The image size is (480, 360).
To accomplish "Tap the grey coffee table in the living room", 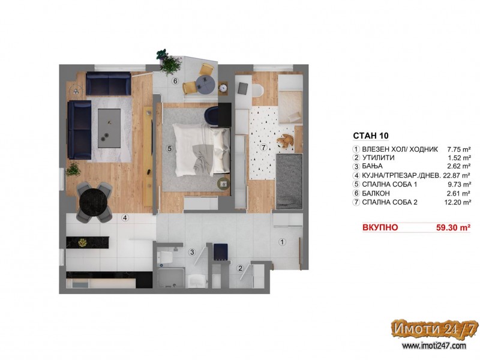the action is (x=109, y=128).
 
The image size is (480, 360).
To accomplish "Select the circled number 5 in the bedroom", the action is (x=169, y=149).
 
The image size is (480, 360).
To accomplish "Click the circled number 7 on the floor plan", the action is (x=263, y=148).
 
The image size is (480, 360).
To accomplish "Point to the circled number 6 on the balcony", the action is (x=175, y=81).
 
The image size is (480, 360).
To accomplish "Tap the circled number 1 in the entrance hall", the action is (x=282, y=242).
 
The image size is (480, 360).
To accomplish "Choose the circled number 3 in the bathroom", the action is (x=192, y=252).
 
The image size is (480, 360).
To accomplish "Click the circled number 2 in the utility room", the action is (x=241, y=268).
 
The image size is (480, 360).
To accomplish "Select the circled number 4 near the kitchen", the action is (x=125, y=218).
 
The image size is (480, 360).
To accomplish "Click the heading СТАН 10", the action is (x=371, y=136).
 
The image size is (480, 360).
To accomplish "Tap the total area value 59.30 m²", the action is (x=453, y=227).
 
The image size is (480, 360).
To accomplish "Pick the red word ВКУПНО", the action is (x=380, y=227).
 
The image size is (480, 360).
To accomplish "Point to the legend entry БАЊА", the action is (x=372, y=166).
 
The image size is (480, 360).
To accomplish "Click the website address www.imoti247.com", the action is (x=434, y=346).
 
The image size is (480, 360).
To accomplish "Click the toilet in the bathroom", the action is (x=164, y=258).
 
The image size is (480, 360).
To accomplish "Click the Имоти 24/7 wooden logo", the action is (x=434, y=329).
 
